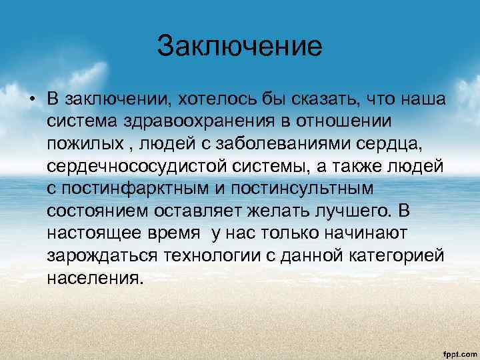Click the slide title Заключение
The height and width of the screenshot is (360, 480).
[239, 47]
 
